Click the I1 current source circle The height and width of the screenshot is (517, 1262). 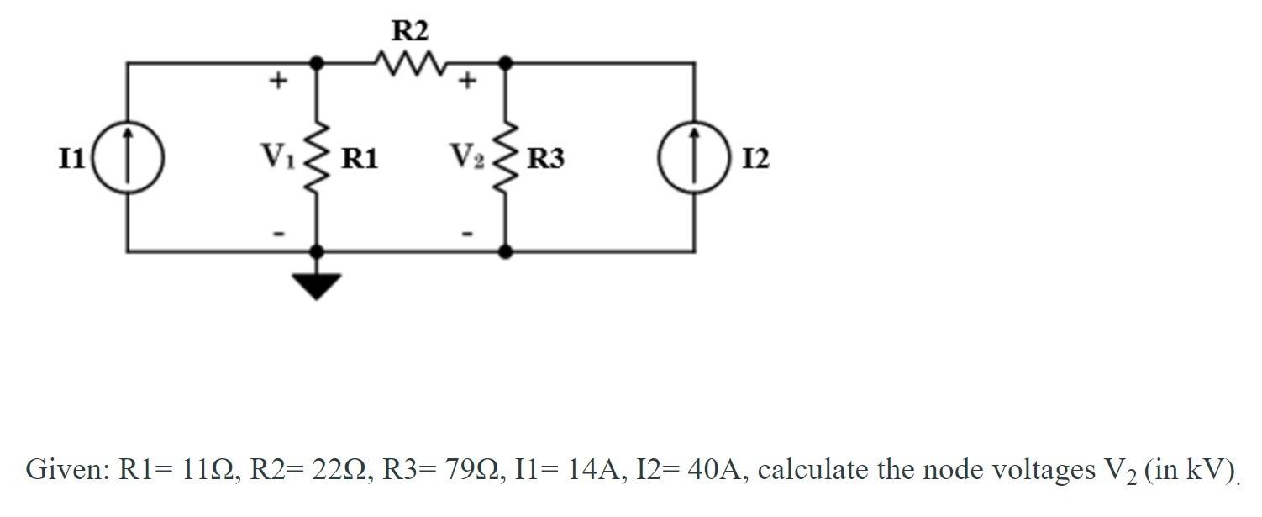click(x=128, y=157)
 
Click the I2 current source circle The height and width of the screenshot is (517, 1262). click(x=694, y=157)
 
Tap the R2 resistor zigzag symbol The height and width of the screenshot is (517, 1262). click(x=409, y=62)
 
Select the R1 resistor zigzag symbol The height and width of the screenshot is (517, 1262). click(x=316, y=157)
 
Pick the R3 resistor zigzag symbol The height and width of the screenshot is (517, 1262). click(x=505, y=157)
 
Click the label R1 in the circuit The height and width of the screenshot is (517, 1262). click(x=359, y=158)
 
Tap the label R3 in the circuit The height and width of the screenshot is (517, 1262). click(x=546, y=158)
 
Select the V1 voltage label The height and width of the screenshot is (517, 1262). click(x=277, y=156)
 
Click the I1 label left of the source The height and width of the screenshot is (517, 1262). click(x=71, y=158)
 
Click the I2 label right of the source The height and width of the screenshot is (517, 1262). click(x=755, y=158)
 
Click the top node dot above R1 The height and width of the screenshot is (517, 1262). click(x=316, y=62)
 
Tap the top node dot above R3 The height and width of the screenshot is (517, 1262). click(x=505, y=62)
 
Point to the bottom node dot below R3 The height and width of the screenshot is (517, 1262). click(x=505, y=251)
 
